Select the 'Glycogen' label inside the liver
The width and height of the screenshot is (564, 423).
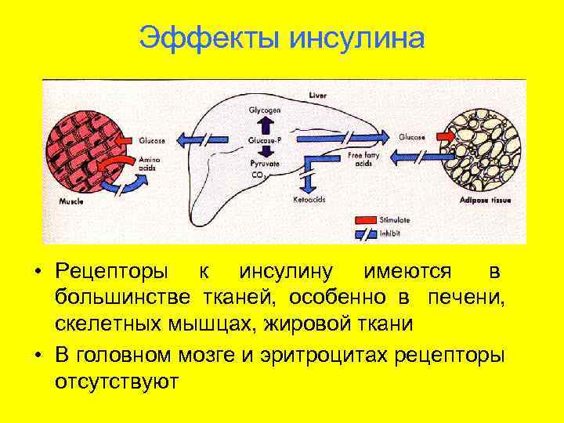(x=264, y=110)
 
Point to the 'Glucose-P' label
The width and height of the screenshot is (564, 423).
(x=264, y=139)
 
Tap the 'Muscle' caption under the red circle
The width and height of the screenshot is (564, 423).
(x=71, y=201)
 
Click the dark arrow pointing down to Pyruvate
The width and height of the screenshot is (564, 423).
(x=264, y=152)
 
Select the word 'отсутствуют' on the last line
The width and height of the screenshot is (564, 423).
(x=117, y=381)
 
